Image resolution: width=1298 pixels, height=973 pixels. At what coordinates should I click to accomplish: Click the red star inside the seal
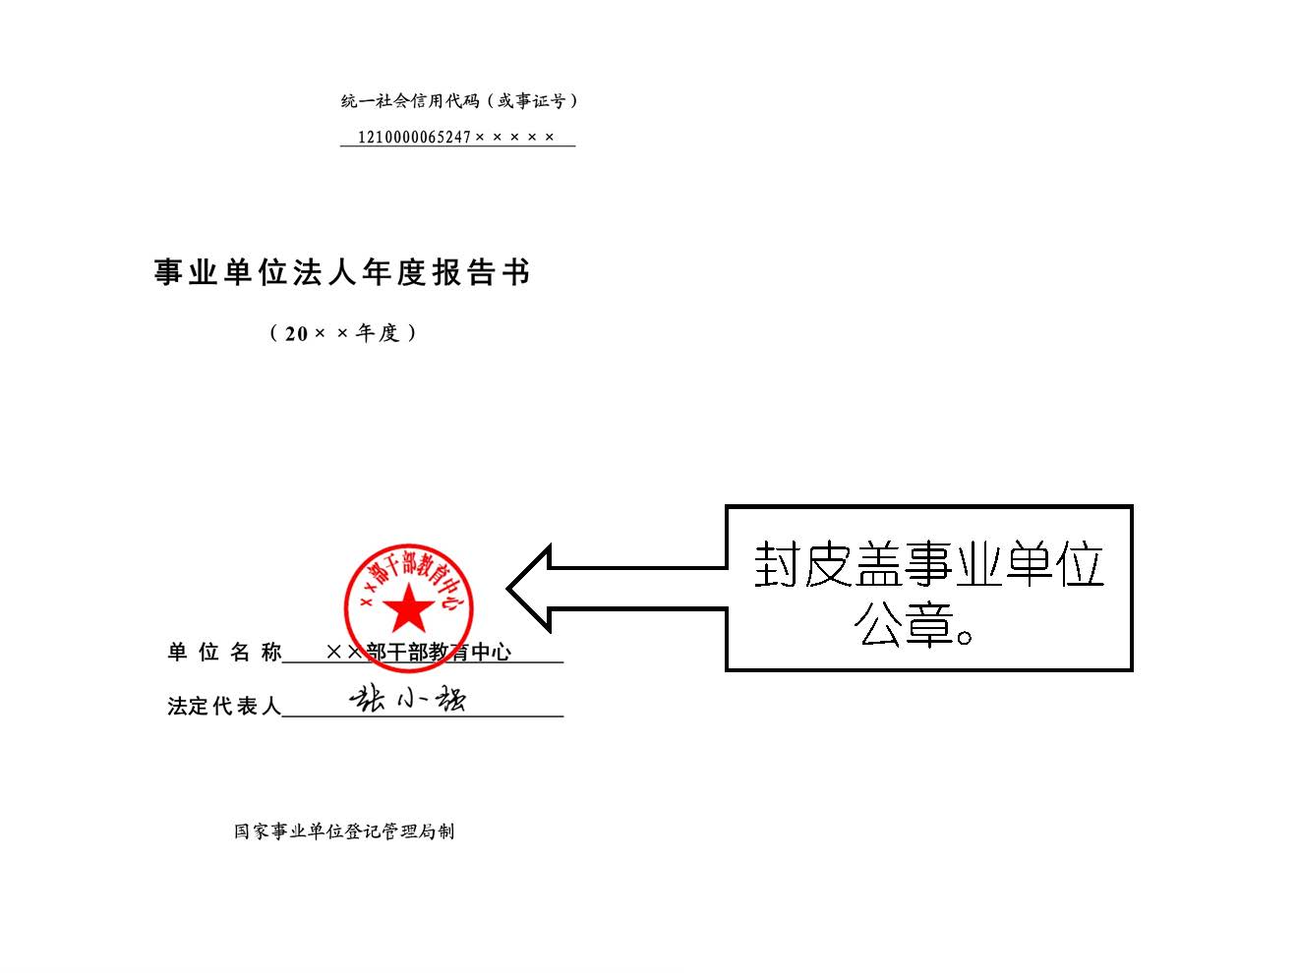pos(408,607)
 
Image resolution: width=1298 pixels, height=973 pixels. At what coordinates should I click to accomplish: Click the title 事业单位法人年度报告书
pos(342,272)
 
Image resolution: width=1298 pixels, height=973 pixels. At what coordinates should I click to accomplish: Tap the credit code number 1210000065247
pos(414,137)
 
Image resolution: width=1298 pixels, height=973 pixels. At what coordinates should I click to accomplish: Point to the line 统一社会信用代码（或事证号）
pos(459,101)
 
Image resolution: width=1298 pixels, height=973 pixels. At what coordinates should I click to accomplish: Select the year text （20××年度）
pos(343,333)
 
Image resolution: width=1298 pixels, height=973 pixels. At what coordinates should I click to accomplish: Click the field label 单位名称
pos(224,653)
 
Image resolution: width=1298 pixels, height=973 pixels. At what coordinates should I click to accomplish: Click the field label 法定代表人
pos(224,706)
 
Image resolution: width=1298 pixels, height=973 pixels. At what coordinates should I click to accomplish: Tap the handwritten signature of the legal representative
pos(408,699)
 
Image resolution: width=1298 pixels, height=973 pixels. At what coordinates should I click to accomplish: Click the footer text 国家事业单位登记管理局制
pos(344,831)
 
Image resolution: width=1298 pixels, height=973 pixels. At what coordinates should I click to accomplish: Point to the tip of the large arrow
pos(507,589)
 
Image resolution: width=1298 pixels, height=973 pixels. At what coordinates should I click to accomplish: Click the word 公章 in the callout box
pos(903,625)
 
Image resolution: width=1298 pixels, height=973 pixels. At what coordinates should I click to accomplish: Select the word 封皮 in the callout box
pos(803,564)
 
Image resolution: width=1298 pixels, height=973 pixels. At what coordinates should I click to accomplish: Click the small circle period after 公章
pos(964,637)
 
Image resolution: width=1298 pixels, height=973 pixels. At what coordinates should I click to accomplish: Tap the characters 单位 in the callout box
pos(1055,564)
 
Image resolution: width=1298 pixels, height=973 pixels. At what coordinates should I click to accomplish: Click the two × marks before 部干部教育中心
pos(344,653)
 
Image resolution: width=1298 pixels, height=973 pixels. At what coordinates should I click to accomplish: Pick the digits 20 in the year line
pos(296,334)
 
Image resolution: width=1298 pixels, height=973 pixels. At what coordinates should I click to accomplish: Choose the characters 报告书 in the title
pos(482,272)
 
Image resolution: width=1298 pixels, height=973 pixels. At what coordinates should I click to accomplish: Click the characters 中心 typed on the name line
pos(492,653)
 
